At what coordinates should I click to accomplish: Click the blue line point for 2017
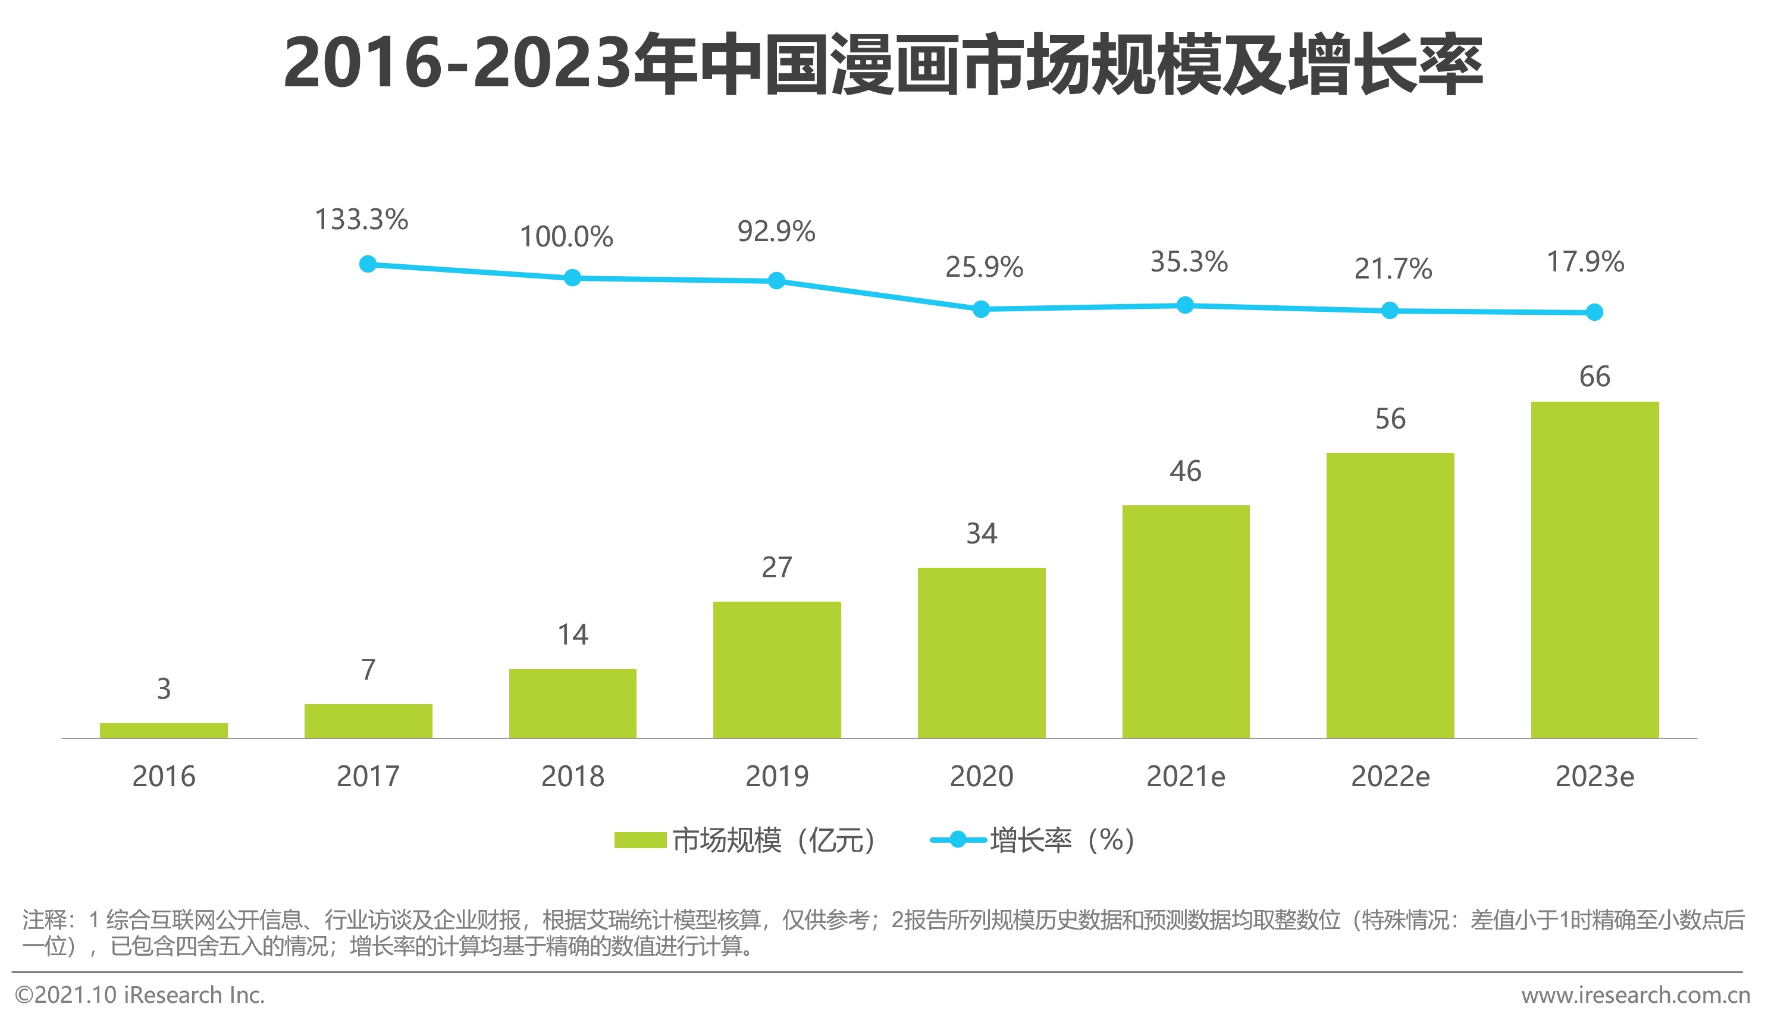(368, 264)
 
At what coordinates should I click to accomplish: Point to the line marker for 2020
(982, 309)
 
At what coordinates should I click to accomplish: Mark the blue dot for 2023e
(1594, 312)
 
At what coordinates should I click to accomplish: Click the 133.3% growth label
(362, 219)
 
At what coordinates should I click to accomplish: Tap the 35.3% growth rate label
(1189, 262)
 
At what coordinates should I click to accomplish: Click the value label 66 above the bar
(1595, 377)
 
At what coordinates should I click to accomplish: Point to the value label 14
(572, 634)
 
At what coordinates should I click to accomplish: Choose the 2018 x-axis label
(572, 777)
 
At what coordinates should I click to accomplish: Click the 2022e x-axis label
(1390, 777)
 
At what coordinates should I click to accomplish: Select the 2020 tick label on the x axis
(982, 777)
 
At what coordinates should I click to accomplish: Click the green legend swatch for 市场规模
(640, 840)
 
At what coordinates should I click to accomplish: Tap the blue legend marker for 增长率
(957, 840)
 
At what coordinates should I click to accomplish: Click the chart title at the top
(883, 64)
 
